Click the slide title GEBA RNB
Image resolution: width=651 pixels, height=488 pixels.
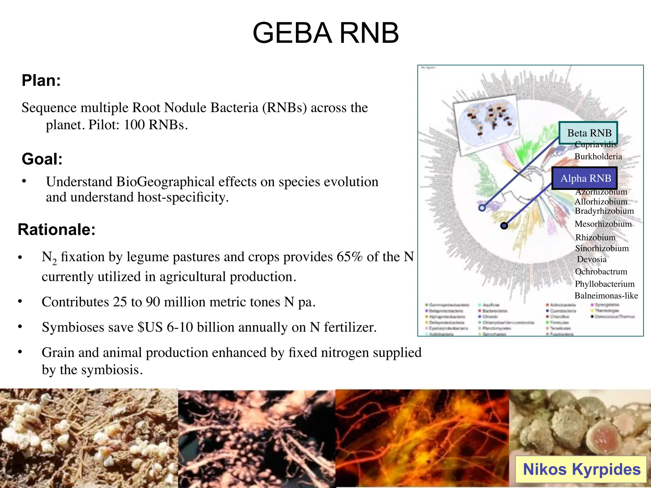point(325,33)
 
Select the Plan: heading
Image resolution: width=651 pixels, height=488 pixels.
point(41,80)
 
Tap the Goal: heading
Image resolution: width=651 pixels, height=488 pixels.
point(42,159)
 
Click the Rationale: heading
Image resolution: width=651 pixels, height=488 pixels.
point(57,229)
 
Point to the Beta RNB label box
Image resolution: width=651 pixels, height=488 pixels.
point(588,133)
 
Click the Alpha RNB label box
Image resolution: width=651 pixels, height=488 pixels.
point(585,178)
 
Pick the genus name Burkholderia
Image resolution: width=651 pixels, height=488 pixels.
point(598,156)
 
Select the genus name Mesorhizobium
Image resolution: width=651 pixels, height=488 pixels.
point(603,224)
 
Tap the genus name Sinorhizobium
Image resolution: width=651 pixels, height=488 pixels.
point(602,248)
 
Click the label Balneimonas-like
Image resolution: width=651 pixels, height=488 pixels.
point(606,296)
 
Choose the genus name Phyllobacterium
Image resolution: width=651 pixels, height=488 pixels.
point(604,284)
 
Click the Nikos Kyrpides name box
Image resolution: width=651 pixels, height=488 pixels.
point(581,470)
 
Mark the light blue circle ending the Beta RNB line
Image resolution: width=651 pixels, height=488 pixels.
point(482,208)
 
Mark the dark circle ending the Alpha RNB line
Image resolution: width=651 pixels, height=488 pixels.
point(504,226)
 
